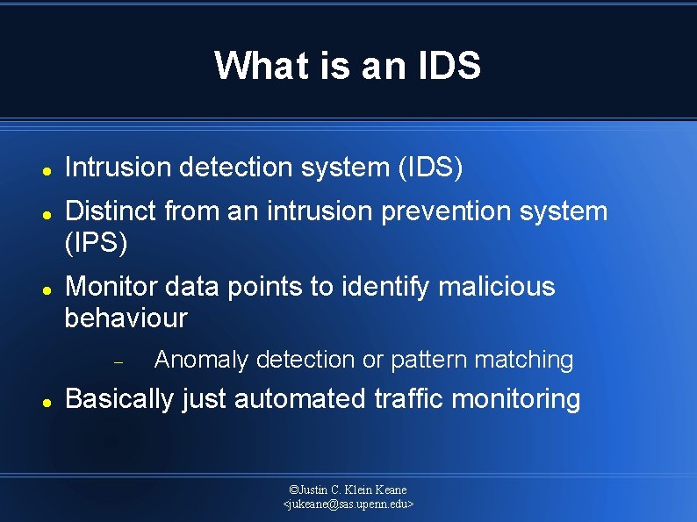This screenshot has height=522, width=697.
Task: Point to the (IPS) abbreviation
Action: pos(97,243)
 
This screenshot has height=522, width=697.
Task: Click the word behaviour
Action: pos(126,318)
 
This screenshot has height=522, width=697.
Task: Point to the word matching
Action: pos(524,360)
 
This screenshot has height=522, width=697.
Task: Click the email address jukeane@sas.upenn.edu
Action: pos(348,504)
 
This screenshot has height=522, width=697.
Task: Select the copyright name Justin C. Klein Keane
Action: pos(348,490)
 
